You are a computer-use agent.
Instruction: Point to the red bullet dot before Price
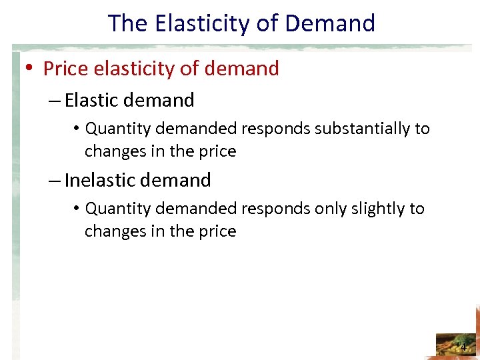tap(31, 69)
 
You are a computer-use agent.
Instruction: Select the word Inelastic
tap(98, 180)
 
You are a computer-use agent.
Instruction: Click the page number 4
tap(463, 348)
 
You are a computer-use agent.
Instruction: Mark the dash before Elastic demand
tap(55, 101)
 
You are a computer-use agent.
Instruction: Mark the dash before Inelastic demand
tap(55, 181)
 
